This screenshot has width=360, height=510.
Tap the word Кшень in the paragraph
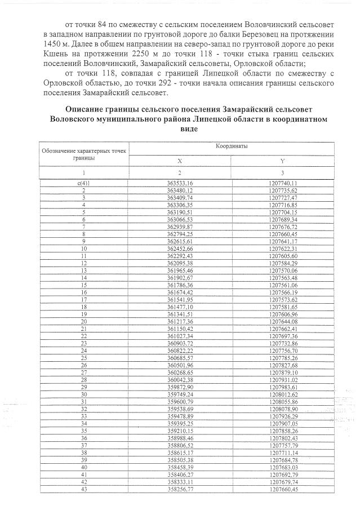(56, 53)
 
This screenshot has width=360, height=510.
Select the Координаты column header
(232, 147)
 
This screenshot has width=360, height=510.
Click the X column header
(180, 161)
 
